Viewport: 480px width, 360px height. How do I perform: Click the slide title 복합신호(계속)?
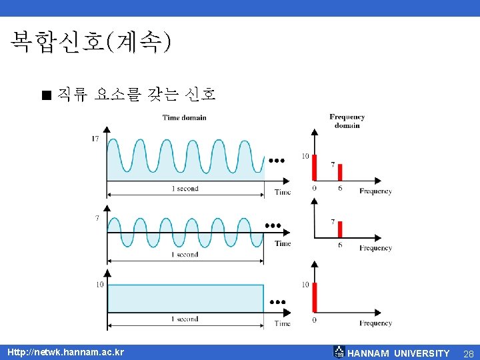tap(90, 42)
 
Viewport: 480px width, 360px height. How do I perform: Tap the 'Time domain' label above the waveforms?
tap(184, 118)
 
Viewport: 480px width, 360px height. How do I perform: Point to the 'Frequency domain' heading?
tap(347, 121)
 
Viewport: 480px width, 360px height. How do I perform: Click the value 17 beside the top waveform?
tap(96, 139)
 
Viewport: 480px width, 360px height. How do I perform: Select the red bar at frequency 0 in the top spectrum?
tap(315, 166)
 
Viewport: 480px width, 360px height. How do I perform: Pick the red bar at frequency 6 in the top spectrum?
tap(339, 172)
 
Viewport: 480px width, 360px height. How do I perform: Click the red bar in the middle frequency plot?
tap(339, 229)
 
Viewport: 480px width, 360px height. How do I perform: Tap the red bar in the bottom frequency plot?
tap(315, 297)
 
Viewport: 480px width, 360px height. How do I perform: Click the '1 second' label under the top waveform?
tap(185, 189)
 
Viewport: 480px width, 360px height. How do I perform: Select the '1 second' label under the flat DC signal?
tap(185, 319)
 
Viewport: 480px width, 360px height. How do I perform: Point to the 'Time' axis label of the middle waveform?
tap(283, 243)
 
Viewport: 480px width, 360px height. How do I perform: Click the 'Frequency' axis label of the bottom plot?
tap(375, 323)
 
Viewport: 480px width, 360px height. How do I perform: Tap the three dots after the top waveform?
tap(277, 161)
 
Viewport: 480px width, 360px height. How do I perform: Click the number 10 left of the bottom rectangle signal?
tap(99, 285)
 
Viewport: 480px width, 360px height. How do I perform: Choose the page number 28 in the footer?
tap(467, 353)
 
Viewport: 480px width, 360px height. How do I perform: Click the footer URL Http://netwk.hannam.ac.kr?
tap(65, 352)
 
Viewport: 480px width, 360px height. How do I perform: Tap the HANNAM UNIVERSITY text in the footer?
tap(399, 353)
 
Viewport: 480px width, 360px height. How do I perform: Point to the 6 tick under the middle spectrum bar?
tap(339, 245)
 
